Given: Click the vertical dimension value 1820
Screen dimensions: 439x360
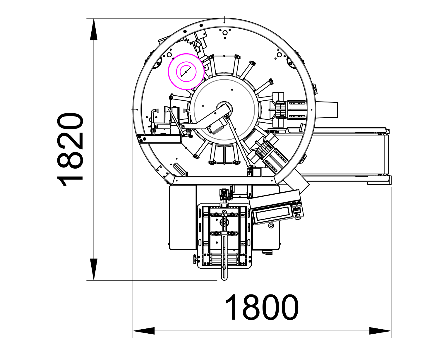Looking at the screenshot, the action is coord(70,149).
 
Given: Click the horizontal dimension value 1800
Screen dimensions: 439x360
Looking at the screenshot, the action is coord(261,308).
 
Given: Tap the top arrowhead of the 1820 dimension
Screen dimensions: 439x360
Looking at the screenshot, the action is coord(94,29).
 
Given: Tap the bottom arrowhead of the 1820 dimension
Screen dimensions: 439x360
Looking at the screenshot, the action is coord(94,270).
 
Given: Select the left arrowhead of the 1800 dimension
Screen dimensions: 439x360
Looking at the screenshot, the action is coord(144,331).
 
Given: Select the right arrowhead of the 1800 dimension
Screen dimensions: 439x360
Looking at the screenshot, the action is coord(380,331).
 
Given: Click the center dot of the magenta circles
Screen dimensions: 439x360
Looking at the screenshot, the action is coord(186,72).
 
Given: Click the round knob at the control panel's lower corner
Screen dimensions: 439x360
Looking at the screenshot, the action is coord(298,217).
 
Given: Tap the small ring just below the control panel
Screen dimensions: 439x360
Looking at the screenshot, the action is coord(271,225).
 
